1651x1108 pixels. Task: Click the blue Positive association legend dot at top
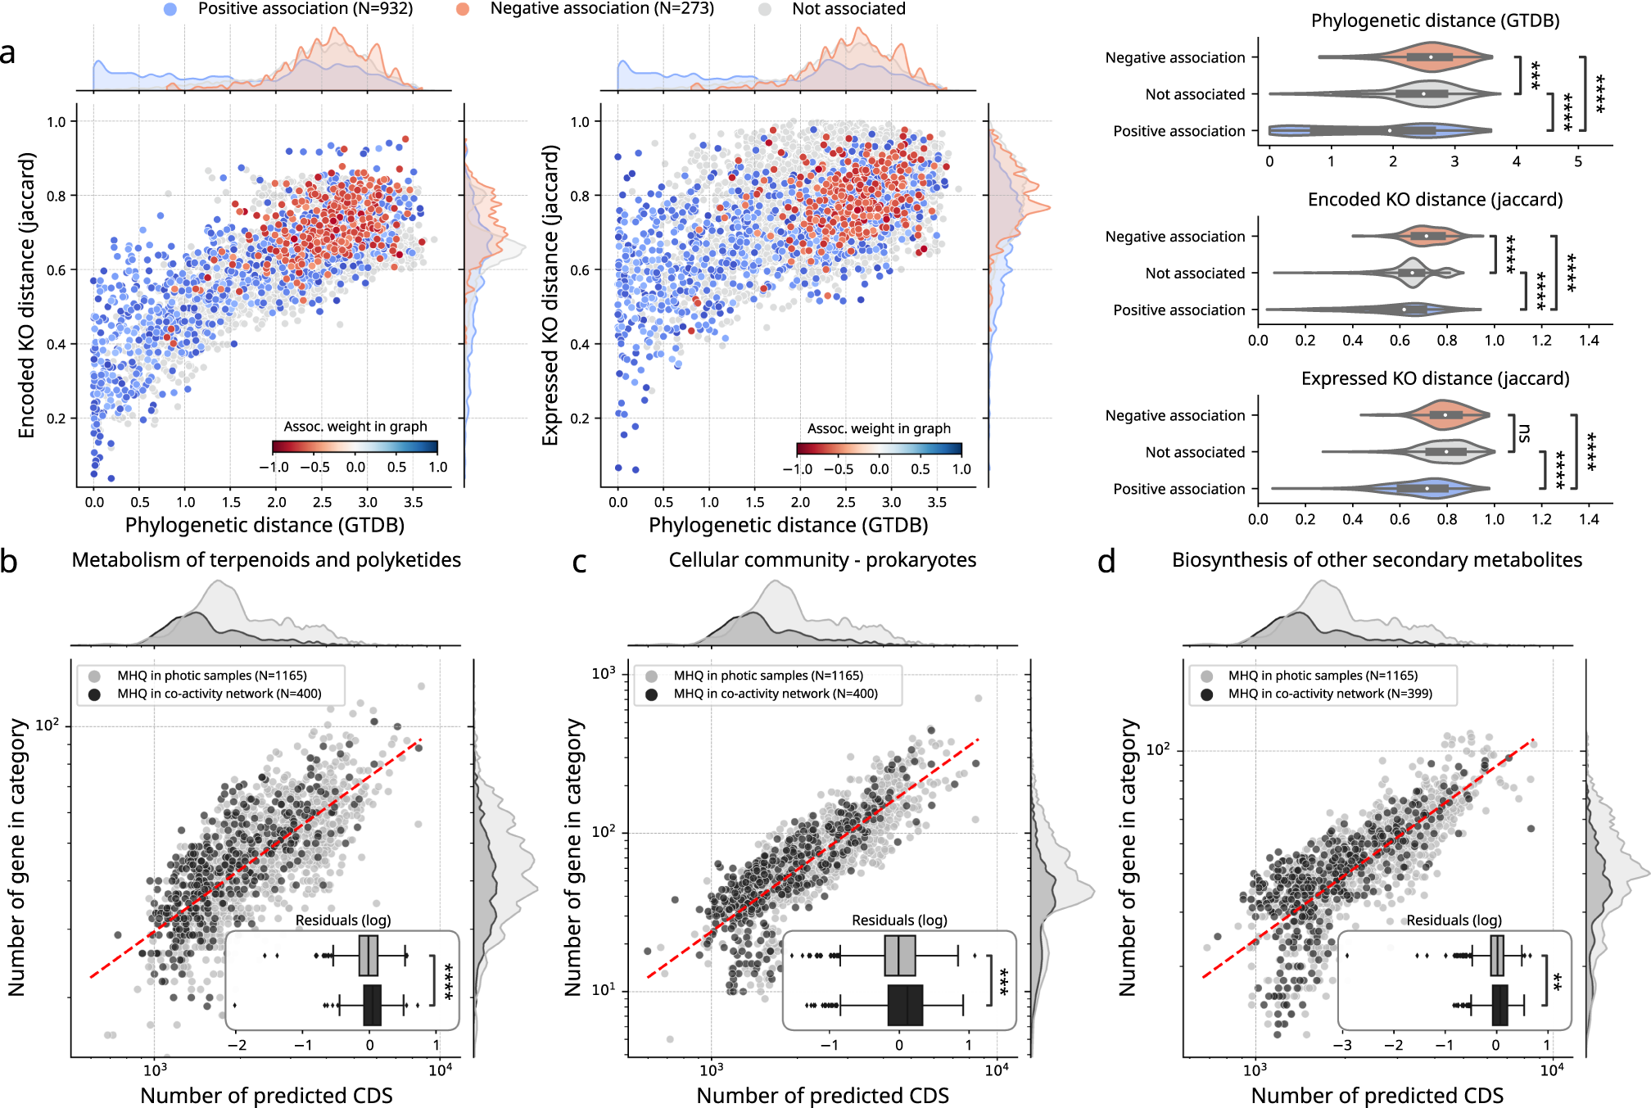(170, 9)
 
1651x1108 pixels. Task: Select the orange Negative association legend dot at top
(463, 9)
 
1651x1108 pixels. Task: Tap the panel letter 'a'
(8, 53)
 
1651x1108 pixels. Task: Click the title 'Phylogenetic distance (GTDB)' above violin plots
(1435, 20)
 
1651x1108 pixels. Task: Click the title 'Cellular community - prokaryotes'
(822, 560)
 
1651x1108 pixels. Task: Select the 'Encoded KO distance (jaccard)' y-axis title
(27, 295)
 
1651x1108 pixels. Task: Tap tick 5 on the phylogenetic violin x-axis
(1578, 161)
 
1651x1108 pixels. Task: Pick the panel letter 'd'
(1106, 562)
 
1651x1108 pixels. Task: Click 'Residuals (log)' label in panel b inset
(343, 920)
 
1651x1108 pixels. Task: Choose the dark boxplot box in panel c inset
(905, 1005)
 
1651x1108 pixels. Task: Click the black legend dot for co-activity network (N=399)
(1207, 694)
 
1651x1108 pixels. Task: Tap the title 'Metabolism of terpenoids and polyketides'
(266, 560)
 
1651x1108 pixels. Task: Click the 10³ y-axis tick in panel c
(604, 674)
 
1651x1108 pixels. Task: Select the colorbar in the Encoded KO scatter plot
(355, 447)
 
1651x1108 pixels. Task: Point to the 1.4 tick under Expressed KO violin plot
(1589, 519)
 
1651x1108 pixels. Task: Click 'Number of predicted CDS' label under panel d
(1377, 1096)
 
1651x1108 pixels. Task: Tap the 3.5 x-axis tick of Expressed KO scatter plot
(937, 502)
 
